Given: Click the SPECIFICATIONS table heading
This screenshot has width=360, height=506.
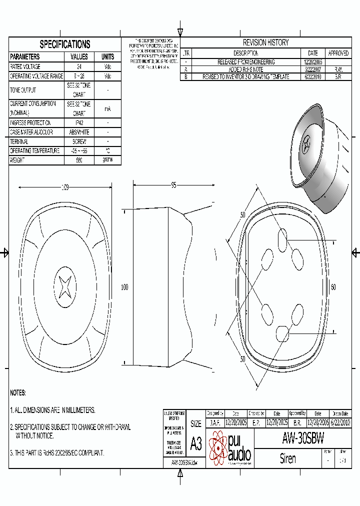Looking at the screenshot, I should pyautogui.click(x=65, y=44).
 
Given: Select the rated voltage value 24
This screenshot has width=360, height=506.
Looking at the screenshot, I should pyautogui.click(x=79, y=66).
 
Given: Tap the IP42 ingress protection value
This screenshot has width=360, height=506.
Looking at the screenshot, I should pyautogui.click(x=79, y=123).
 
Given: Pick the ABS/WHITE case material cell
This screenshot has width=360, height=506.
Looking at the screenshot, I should pyautogui.click(x=79, y=132).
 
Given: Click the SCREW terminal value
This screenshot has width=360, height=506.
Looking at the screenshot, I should pyautogui.click(x=79, y=141).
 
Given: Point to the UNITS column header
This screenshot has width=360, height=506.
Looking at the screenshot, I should pyautogui.click(x=107, y=56).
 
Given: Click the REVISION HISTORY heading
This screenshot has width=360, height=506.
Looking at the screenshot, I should pyautogui.click(x=265, y=42).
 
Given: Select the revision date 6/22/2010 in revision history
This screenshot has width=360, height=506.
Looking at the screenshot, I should pyautogui.click(x=313, y=77).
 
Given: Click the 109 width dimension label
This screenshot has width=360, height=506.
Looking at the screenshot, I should pyautogui.click(x=65, y=187).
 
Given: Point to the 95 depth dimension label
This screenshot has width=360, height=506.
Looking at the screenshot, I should pyautogui.click(x=173, y=185).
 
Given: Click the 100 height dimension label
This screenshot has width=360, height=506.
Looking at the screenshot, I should pyautogui.click(x=124, y=287).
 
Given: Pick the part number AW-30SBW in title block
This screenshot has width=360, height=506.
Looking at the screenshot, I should pyautogui.click(x=303, y=439).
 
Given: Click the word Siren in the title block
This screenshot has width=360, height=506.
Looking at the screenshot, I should pyautogui.click(x=288, y=458).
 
